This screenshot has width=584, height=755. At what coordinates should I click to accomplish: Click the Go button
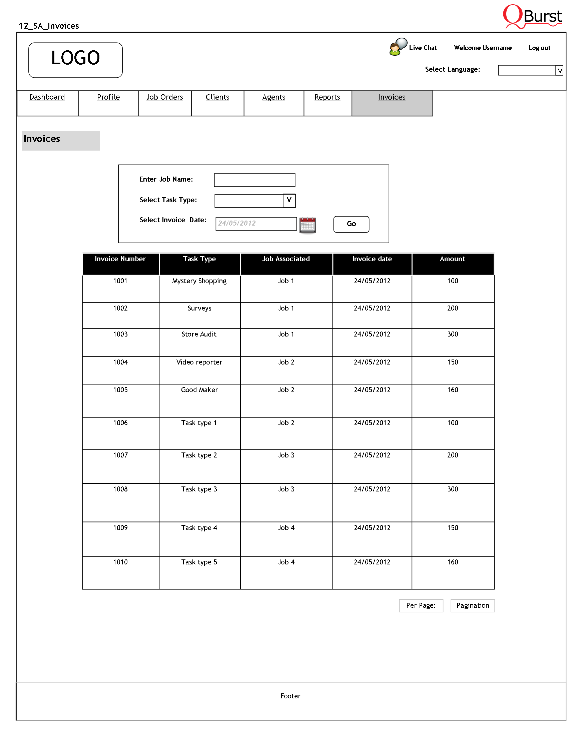pyautogui.click(x=351, y=224)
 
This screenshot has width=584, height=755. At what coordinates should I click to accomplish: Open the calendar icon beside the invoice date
pyautogui.click(x=307, y=225)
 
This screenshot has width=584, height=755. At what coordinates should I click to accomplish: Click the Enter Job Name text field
pyautogui.click(x=254, y=180)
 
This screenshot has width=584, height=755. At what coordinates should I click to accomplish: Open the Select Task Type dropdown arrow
pyautogui.click(x=289, y=201)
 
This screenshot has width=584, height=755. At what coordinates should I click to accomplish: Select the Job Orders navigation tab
pyautogui.click(x=164, y=97)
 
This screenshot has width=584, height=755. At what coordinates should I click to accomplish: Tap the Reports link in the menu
pyautogui.click(x=327, y=97)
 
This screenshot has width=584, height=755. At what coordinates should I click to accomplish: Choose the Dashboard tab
pyautogui.click(x=47, y=97)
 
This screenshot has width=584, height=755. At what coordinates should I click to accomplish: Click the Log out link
pyautogui.click(x=539, y=48)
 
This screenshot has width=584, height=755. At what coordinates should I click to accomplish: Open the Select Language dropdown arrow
pyautogui.click(x=559, y=71)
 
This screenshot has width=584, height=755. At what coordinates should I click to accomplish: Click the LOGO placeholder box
pyautogui.click(x=75, y=60)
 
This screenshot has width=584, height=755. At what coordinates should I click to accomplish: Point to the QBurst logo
pyautogui.click(x=532, y=17)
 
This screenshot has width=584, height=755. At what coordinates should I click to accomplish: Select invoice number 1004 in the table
pyautogui.click(x=120, y=362)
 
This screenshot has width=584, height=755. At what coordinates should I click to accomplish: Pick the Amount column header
pyautogui.click(x=452, y=259)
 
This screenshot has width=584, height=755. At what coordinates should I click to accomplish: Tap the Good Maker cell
pyautogui.click(x=199, y=389)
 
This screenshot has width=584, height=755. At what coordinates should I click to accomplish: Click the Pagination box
pyautogui.click(x=473, y=605)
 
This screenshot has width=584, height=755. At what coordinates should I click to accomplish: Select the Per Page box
pyautogui.click(x=421, y=605)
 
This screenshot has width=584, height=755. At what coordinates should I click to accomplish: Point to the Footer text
pyautogui.click(x=290, y=696)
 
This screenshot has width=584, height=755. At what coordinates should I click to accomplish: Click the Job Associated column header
pyautogui.click(x=286, y=259)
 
